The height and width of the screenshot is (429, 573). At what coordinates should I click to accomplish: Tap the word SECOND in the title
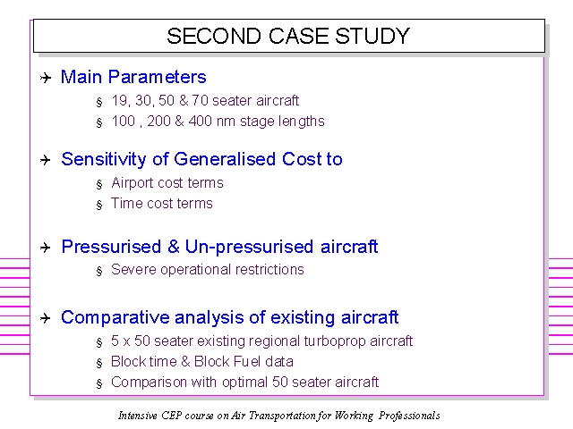pyautogui.click(x=214, y=36)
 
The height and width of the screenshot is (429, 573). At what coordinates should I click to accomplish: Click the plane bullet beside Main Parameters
pyautogui.click(x=46, y=78)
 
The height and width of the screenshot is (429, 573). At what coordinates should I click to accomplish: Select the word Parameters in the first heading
pyautogui.click(x=158, y=77)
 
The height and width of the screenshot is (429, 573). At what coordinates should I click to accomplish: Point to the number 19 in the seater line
pyautogui.click(x=119, y=100)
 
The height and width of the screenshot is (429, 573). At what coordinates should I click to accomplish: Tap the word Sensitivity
pyautogui.click(x=104, y=159)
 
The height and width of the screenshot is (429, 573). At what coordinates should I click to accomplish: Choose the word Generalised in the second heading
pyautogui.click(x=225, y=159)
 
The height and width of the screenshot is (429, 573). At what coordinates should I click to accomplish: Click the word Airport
pyautogui.click(x=133, y=182)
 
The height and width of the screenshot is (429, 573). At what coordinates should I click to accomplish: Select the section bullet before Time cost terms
pyautogui.click(x=99, y=205)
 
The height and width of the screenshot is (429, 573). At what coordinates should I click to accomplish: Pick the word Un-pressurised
pyautogui.click(x=249, y=247)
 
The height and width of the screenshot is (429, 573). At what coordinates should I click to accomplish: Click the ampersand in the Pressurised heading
pyautogui.click(x=174, y=247)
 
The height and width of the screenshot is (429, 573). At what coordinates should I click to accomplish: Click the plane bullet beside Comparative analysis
pyautogui.click(x=46, y=318)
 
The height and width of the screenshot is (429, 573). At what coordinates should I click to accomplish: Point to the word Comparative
pyautogui.click(x=115, y=317)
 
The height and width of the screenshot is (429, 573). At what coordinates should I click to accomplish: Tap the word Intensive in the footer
pyautogui.click(x=137, y=416)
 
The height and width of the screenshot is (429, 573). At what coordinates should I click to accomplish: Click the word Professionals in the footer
pyautogui.click(x=409, y=416)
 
